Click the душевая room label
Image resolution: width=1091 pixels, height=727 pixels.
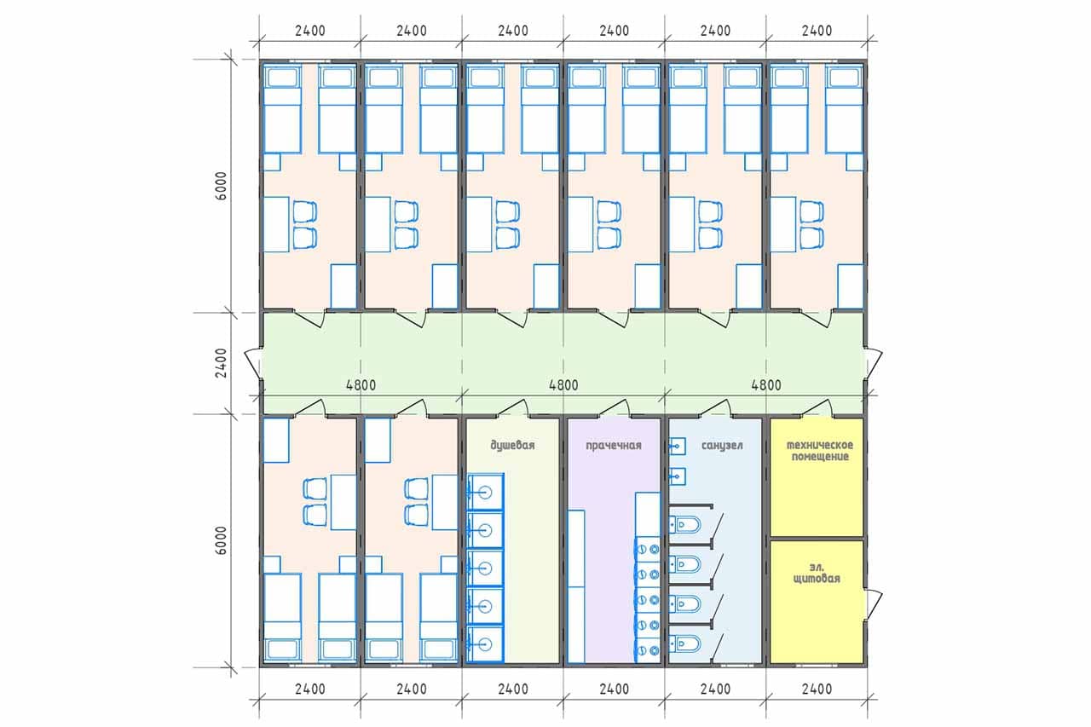[512, 445]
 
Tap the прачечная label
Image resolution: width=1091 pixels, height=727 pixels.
[613, 445]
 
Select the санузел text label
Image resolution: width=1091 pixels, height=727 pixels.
[722, 445]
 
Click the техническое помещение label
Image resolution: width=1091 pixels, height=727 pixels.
[820, 451]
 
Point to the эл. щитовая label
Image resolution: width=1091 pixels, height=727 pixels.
[817, 573]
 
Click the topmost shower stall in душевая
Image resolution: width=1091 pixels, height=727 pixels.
[485, 492]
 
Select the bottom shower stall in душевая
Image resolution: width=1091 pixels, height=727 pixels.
[485, 644]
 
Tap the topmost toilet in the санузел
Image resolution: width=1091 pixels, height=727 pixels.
[685, 525]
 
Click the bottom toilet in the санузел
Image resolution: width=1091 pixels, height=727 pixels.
[685, 644]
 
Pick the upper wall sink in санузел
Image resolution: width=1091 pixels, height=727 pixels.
[677, 446]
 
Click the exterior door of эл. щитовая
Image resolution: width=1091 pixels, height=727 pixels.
[874, 604]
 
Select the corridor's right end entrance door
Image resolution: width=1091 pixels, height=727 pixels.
[874, 363]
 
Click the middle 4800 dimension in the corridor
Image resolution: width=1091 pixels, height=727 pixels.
[563, 385]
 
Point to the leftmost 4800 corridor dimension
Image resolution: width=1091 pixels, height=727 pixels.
[361, 385]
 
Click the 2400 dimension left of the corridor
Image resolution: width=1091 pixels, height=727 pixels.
[221, 363]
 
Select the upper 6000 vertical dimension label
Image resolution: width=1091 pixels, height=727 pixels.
[221, 186]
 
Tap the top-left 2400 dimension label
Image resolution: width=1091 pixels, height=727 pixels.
[310, 31]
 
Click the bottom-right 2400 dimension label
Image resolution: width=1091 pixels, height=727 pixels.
[817, 689]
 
